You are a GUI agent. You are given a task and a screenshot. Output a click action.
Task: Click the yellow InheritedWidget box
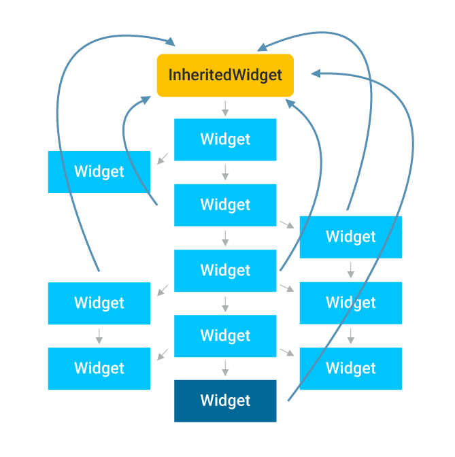225,75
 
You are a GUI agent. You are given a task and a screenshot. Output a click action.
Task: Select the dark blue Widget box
225,401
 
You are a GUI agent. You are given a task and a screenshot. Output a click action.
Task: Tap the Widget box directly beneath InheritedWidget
225,139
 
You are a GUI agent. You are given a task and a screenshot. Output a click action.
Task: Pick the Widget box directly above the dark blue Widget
225,335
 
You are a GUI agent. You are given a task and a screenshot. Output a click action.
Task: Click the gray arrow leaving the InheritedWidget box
225,107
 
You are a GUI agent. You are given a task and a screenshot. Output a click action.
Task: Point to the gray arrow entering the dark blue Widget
225,369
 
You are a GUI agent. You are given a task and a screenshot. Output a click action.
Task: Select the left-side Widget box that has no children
99,171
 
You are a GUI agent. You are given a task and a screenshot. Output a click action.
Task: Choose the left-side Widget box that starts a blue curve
99,303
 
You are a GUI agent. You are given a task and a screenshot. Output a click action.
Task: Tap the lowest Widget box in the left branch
99,368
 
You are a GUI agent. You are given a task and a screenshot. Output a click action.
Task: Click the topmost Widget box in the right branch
350,237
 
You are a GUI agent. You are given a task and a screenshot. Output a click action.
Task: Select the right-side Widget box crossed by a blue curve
350,368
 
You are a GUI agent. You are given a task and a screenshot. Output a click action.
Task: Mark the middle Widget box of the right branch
350,303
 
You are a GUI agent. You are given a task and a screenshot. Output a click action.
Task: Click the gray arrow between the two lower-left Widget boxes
99,336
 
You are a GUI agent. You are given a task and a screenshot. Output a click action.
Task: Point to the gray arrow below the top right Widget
350,270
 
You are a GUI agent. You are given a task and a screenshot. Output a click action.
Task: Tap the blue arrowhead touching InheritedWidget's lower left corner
146,99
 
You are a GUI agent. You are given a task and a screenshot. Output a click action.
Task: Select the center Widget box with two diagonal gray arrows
225,270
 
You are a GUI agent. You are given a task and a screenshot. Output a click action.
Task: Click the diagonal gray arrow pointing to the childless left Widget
162,159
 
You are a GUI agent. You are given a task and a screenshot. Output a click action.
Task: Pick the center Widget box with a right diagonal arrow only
225,205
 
